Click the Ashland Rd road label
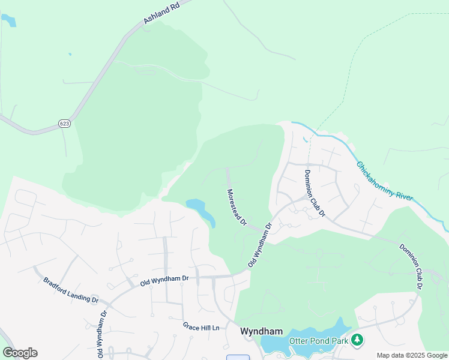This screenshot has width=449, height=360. [161, 13]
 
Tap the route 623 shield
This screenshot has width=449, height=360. [64, 123]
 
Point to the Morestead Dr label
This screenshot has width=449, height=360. [237, 207]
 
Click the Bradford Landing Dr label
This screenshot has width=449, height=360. [70, 290]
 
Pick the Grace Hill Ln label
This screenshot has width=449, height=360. [202, 326]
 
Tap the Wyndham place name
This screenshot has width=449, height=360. [261, 331]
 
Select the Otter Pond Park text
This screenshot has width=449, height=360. [318, 341]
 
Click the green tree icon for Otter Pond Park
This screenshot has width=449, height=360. [357, 340]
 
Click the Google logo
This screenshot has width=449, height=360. [20, 353]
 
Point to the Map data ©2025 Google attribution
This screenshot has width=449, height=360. [412, 355]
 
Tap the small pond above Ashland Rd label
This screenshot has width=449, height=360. [8, 21]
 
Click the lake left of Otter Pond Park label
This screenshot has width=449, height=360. [273, 344]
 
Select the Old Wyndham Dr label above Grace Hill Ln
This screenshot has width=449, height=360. [164, 279]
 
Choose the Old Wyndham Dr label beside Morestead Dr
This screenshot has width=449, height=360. [261, 245]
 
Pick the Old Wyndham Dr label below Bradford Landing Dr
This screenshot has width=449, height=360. [101, 333]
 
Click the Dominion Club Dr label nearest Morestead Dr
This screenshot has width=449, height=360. [314, 193]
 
